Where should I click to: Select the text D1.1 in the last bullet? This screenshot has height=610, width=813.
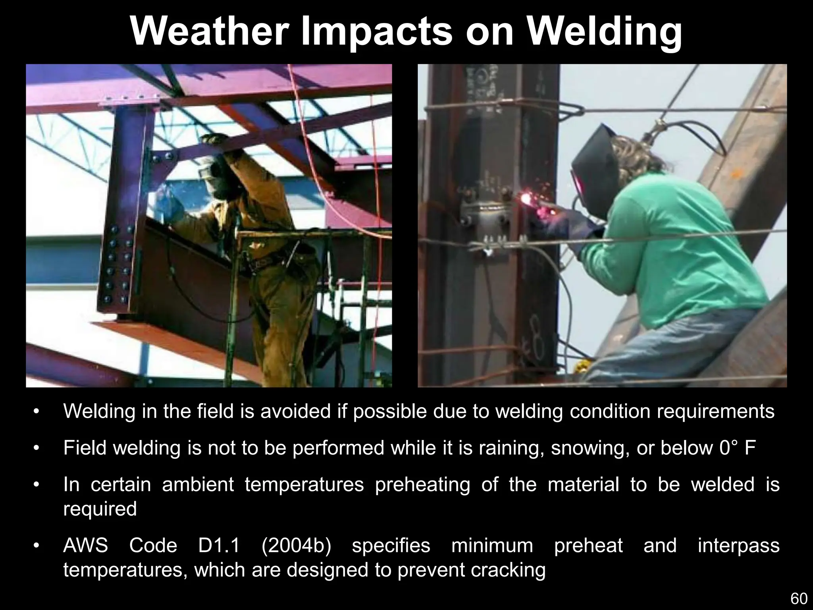click(219, 545)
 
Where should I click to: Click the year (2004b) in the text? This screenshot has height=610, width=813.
click(296, 545)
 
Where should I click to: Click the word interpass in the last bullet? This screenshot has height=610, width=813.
click(738, 545)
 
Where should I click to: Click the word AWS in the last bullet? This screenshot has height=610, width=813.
click(85, 545)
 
